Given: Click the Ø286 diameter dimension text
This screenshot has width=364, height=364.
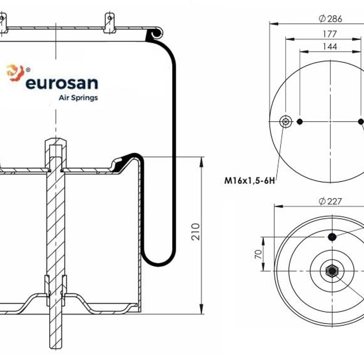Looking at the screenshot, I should coord(330,19).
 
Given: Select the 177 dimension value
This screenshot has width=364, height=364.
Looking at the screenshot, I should coord(330,34).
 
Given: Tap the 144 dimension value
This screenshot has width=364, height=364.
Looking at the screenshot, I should coord(330,47).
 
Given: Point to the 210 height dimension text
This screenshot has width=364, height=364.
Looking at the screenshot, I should coord(195,231).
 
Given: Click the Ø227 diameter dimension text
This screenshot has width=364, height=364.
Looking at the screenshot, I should coord(330,201).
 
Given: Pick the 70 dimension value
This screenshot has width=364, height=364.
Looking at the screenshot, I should coord(258,254).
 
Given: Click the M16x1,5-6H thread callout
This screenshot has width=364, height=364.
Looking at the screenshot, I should coord(249,181).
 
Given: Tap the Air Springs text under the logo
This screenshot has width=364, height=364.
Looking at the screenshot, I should coord(78,98).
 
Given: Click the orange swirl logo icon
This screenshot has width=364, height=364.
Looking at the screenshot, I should coord(15,73).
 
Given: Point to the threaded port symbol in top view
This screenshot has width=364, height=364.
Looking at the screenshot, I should coord(285,122).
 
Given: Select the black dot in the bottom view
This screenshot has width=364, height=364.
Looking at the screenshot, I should coord(332,237).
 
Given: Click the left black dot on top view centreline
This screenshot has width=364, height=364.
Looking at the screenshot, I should coord(300,122).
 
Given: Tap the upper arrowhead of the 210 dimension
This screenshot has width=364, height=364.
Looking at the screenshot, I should coord(201,162).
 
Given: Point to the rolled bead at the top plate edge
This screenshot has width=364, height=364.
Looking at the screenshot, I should coord(157,33).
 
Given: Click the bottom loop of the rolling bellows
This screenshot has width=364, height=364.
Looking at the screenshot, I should coord(159,262).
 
